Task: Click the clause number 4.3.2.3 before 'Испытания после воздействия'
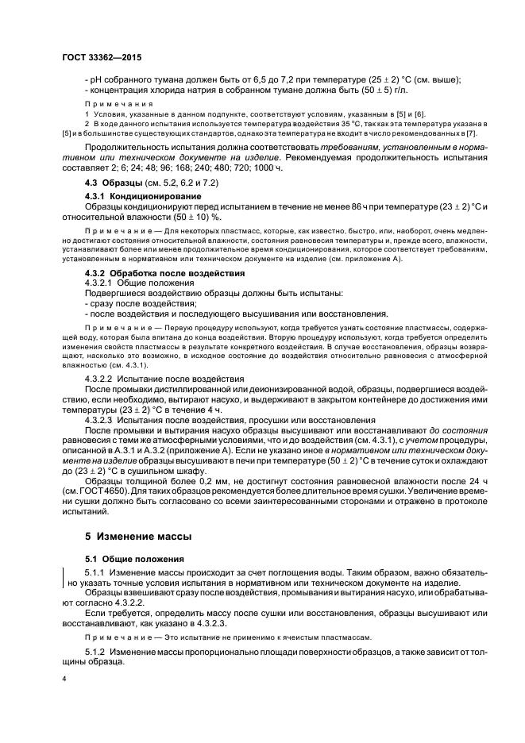click(x=101, y=419)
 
